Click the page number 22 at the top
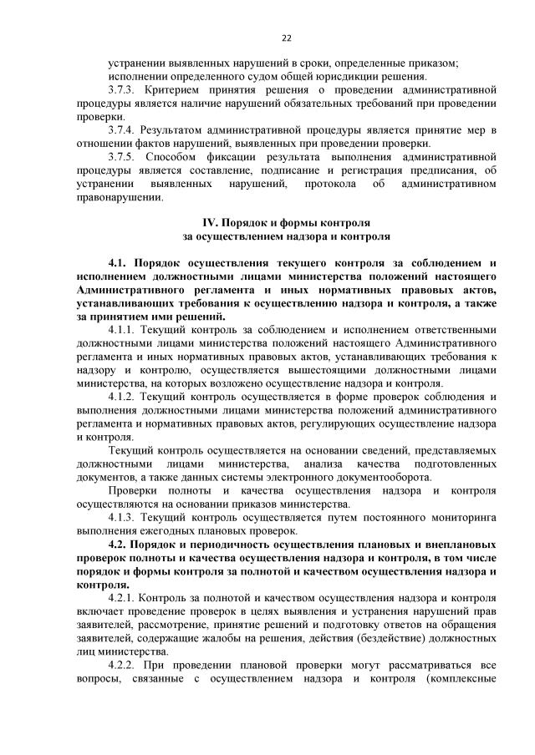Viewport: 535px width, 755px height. [286, 38]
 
